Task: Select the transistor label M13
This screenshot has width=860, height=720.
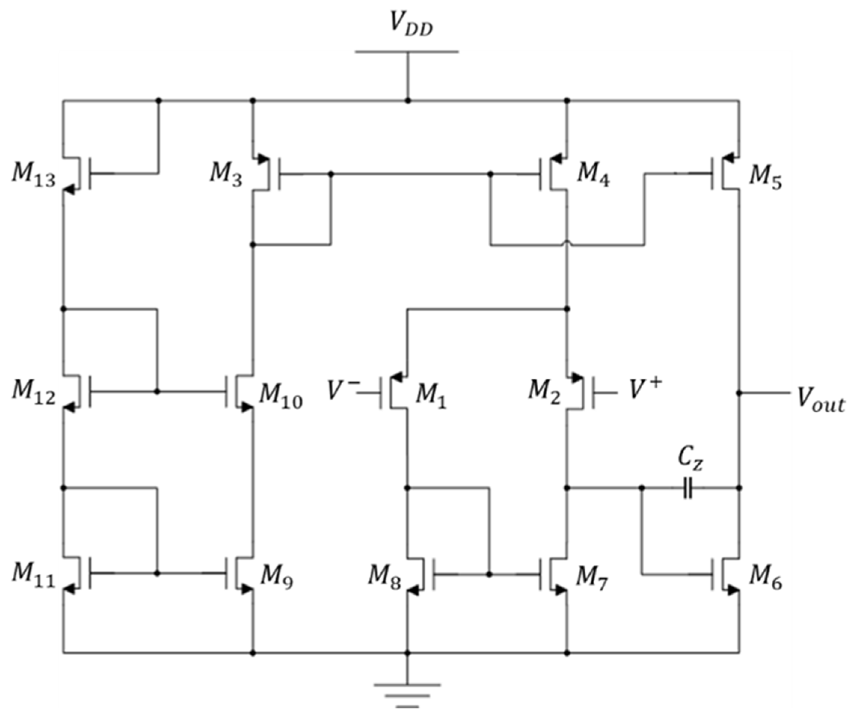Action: pos(34,176)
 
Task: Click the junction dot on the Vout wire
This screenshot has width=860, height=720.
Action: pos(739,393)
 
